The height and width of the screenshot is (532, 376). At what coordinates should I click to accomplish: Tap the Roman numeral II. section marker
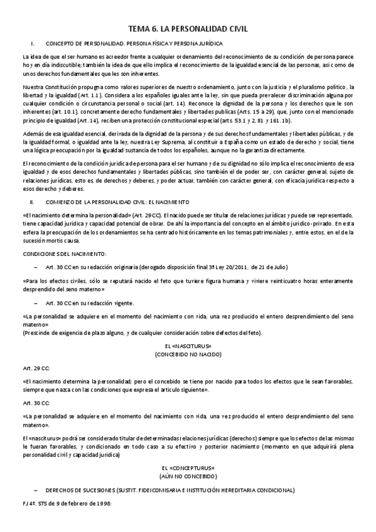[32, 202]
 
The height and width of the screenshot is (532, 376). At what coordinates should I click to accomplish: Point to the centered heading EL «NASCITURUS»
[188, 346]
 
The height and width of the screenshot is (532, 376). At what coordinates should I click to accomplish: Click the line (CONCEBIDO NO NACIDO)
[188, 354]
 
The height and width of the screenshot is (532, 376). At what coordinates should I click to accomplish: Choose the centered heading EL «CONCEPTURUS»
[188, 468]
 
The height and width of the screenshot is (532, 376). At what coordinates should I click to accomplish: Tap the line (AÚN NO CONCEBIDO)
[188, 477]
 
